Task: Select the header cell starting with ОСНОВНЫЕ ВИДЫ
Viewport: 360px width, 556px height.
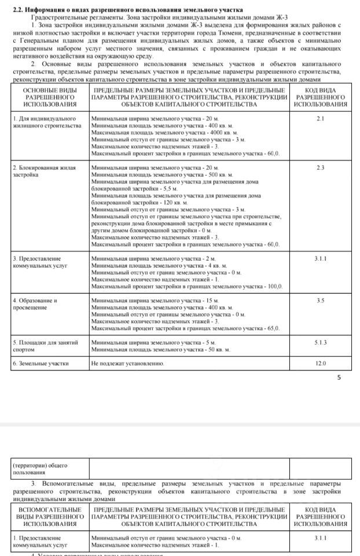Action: click(50, 97)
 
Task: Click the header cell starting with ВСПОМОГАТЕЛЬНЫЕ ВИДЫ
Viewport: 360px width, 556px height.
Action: click(50, 517)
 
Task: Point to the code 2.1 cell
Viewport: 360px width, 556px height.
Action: click(321, 119)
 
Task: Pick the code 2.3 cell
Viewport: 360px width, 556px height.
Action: click(321, 167)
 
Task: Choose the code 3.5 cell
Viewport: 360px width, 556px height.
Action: click(321, 301)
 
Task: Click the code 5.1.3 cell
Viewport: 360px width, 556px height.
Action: click(321, 342)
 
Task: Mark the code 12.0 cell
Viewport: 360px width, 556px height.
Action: click(321, 363)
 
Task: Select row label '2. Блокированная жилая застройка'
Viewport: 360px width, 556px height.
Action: click(41, 171)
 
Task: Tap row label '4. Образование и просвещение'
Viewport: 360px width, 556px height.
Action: click(35, 304)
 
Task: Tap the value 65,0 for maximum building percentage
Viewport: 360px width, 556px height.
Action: click(272, 328)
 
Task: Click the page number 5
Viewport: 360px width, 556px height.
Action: click(339, 378)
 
